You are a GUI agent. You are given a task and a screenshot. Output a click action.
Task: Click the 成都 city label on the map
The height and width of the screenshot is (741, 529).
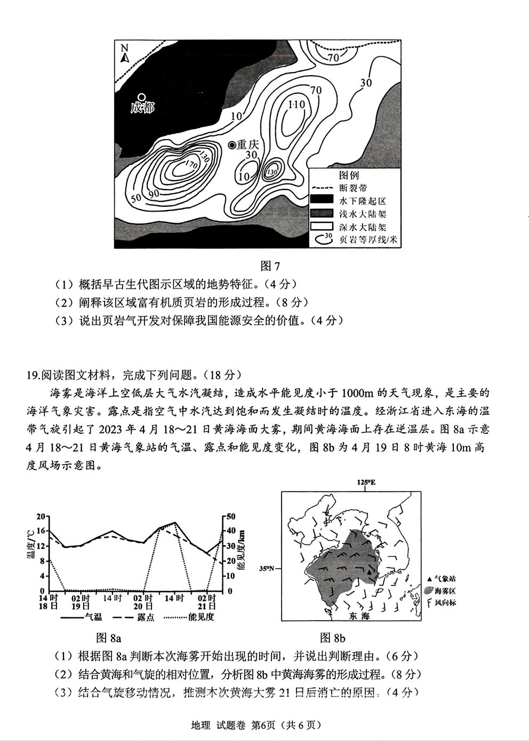tap(142, 108)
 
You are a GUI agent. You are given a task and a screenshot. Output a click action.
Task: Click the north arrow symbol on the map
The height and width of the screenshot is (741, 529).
tap(124, 53)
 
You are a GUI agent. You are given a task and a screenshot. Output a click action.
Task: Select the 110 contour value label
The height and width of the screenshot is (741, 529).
tap(296, 104)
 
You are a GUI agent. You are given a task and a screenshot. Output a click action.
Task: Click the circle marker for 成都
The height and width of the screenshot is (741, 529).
tap(141, 97)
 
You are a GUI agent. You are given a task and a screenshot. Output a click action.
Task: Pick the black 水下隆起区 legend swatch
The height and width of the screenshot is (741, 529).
tap(322, 201)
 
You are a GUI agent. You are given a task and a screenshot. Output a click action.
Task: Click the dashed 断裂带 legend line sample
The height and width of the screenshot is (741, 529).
tap(322, 188)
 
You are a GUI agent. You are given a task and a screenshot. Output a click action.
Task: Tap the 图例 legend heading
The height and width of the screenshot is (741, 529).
tap(349, 175)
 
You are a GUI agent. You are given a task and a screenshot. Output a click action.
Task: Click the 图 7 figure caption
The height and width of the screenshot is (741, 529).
tap(269, 265)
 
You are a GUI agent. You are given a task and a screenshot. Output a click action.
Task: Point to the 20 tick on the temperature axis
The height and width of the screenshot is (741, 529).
tap(41, 516)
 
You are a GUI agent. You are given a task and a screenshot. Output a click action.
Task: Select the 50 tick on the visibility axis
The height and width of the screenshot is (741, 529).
tap(231, 516)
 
